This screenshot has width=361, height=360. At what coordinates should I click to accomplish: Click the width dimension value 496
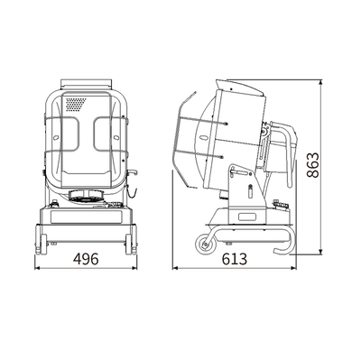tap(86, 259)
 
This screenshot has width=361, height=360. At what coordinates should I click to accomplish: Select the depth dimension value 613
tap(235, 259)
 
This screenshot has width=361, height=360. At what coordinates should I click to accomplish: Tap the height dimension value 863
tap(313, 165)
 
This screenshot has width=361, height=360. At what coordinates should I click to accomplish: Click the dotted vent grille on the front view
tap(76, 104)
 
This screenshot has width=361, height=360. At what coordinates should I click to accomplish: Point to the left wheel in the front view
tap(43, 245)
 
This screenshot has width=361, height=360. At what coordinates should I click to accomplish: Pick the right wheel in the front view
tap(129, 245)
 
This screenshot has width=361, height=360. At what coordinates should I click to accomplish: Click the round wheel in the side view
tap(206, 244)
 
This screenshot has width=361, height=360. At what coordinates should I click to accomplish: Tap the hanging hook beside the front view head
tap(132, 184)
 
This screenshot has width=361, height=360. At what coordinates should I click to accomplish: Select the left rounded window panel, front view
tap(70, 134)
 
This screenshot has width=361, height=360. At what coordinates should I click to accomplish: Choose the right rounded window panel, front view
tap(103, 134)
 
